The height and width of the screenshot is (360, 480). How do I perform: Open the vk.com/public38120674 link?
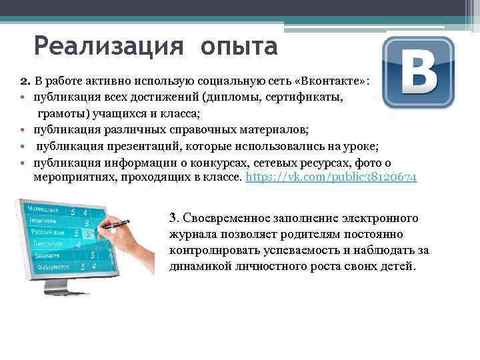point(331,177)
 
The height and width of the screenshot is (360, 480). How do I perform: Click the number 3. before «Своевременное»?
point(173,218)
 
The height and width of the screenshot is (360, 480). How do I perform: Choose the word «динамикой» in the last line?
point(199,267)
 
